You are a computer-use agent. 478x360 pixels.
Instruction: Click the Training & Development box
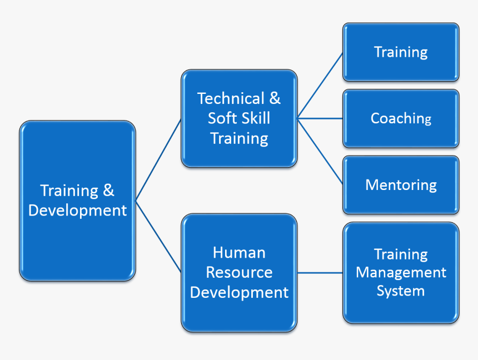77,201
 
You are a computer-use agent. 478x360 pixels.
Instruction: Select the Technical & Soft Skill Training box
239,118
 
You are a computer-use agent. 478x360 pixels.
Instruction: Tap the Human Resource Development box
239,273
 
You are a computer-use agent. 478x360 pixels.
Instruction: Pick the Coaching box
401,118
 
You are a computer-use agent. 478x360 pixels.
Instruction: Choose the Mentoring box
401,185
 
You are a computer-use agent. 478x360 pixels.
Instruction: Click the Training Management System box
401,273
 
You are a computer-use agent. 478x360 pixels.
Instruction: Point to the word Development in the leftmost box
77,211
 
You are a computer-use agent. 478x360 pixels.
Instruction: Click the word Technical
230,99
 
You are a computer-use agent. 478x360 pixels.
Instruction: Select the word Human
239,253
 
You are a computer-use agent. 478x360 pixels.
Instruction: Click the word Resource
239,273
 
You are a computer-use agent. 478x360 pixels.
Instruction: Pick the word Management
401,273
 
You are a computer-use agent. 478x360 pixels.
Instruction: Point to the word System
401,291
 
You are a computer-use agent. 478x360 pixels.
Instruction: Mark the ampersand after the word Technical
275,99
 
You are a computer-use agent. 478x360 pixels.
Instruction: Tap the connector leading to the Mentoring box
320,151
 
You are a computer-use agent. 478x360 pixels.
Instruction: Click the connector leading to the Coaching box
320,118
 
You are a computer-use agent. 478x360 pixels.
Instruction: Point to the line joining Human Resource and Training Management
320,273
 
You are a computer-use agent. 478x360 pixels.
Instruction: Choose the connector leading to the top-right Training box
320,85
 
